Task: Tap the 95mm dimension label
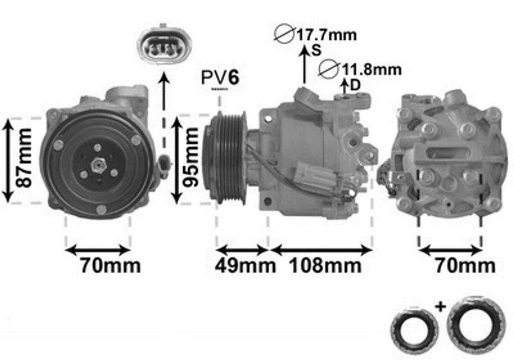coord(191,157)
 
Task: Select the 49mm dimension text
coord(245,265)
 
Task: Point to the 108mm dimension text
coord(325,265)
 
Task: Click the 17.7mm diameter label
coord(326,35)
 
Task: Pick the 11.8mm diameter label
coord(372,69)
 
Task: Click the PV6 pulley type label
coord(220,78)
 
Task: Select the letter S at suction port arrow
coord(316,50)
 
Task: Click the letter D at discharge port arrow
coord(355,85)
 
